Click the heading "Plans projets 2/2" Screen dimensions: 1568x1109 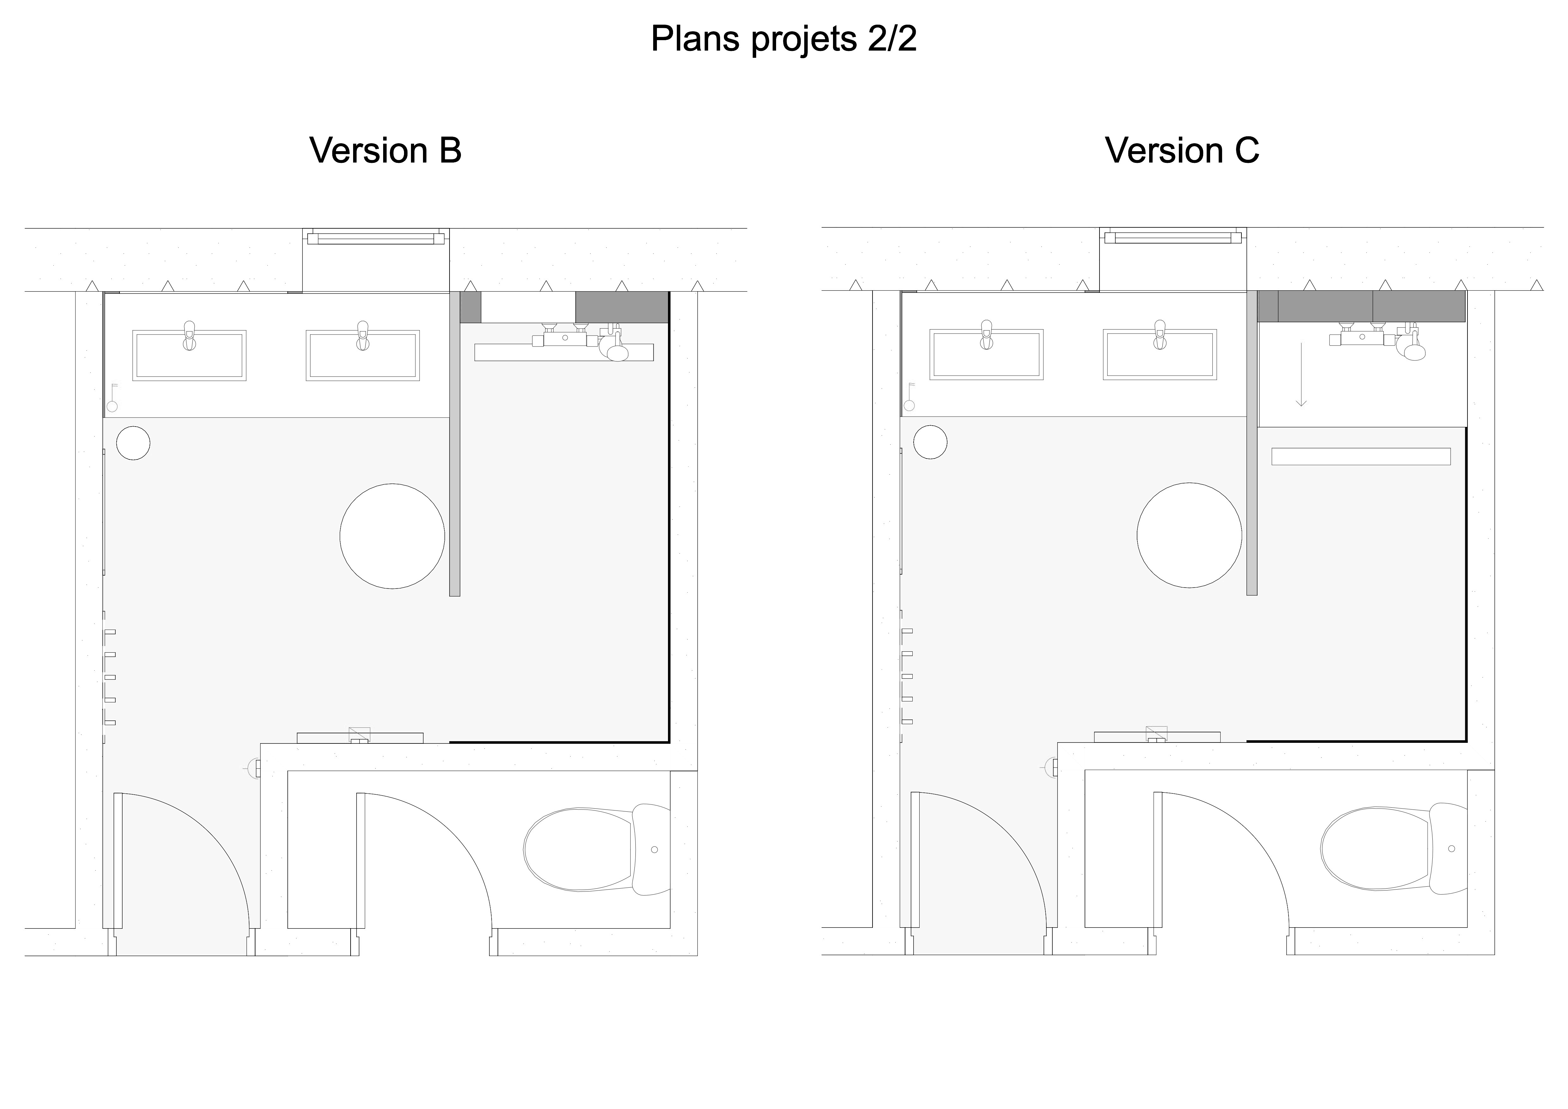point(783,39)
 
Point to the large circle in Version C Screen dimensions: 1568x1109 point(1190,535)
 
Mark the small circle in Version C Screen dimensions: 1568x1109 point(930,442)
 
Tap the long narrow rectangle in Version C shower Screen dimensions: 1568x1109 point(1361,456)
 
